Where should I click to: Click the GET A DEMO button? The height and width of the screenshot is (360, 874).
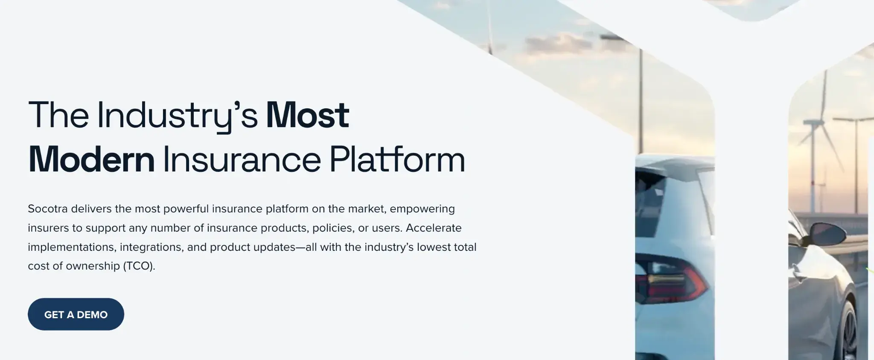tap(76, 314)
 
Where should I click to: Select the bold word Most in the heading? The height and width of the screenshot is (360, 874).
tap(307, 115)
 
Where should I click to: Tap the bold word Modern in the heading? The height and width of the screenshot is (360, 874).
tap(91, 160)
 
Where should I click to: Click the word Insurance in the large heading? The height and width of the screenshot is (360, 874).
tap(242, 160)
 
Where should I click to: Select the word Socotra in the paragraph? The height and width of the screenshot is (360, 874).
tap(47, 209)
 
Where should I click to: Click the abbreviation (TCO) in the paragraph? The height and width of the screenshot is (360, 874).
tap(139, 266)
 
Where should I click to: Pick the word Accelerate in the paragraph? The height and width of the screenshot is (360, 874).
tap(434, 228)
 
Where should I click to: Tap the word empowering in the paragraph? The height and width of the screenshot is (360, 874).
tap(422, 209)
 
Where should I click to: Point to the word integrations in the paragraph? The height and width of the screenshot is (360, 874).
tap(151, 247)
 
